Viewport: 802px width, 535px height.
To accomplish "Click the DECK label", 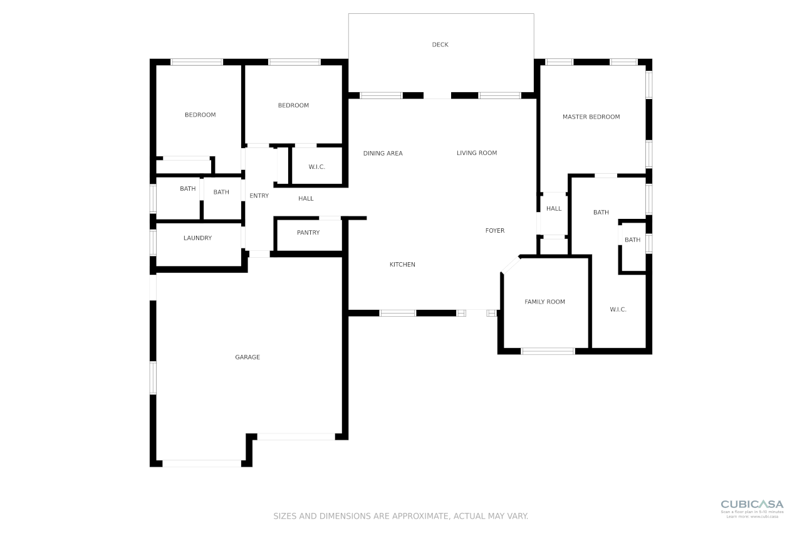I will (x=440, y=45).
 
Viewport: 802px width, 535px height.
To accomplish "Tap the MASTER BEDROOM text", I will (x=591, y=117).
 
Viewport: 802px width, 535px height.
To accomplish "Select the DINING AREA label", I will (x=383, y=153).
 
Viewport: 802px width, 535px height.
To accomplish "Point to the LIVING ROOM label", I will (x=476, y=152).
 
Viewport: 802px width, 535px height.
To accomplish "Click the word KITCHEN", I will (x=402, y=265).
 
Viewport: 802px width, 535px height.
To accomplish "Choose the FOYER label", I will (x=495, y=231).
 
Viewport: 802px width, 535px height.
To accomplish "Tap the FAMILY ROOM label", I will (x=544, y=302).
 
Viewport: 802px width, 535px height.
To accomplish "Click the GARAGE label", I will (x=247, y=357).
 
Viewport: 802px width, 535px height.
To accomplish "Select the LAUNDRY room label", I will (x=197, y=238).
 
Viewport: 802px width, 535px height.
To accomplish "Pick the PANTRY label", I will (x=308, y=233).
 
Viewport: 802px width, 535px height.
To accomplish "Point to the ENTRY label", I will (x=259, y=196).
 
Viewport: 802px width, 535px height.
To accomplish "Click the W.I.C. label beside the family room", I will (x=618, y=309).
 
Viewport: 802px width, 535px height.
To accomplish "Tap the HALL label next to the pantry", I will (x=306, y=199).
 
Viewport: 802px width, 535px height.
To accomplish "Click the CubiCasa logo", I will (x=752, y=504).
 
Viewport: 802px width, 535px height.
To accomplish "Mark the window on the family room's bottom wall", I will (x=548, y=351).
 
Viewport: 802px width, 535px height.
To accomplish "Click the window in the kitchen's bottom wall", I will (x=398, y=313).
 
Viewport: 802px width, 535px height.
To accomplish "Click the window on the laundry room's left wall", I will (x=153, y=242).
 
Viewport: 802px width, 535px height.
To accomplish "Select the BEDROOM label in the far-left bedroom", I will (x=200, y=115).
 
